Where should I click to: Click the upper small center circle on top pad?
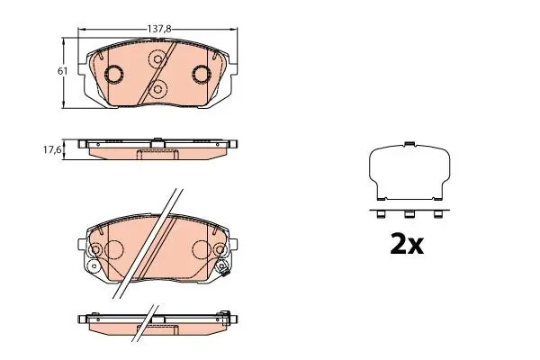coord(157,62)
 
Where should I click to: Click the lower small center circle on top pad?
coord(158,88)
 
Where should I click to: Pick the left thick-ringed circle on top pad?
coord(114,75)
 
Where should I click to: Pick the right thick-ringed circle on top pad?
coord(200,75)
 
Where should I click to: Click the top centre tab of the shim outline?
coord(409,143)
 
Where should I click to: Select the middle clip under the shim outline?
coord(409,214)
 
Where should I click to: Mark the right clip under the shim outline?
coord(439,214)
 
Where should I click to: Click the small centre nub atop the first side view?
coord(157,139)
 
